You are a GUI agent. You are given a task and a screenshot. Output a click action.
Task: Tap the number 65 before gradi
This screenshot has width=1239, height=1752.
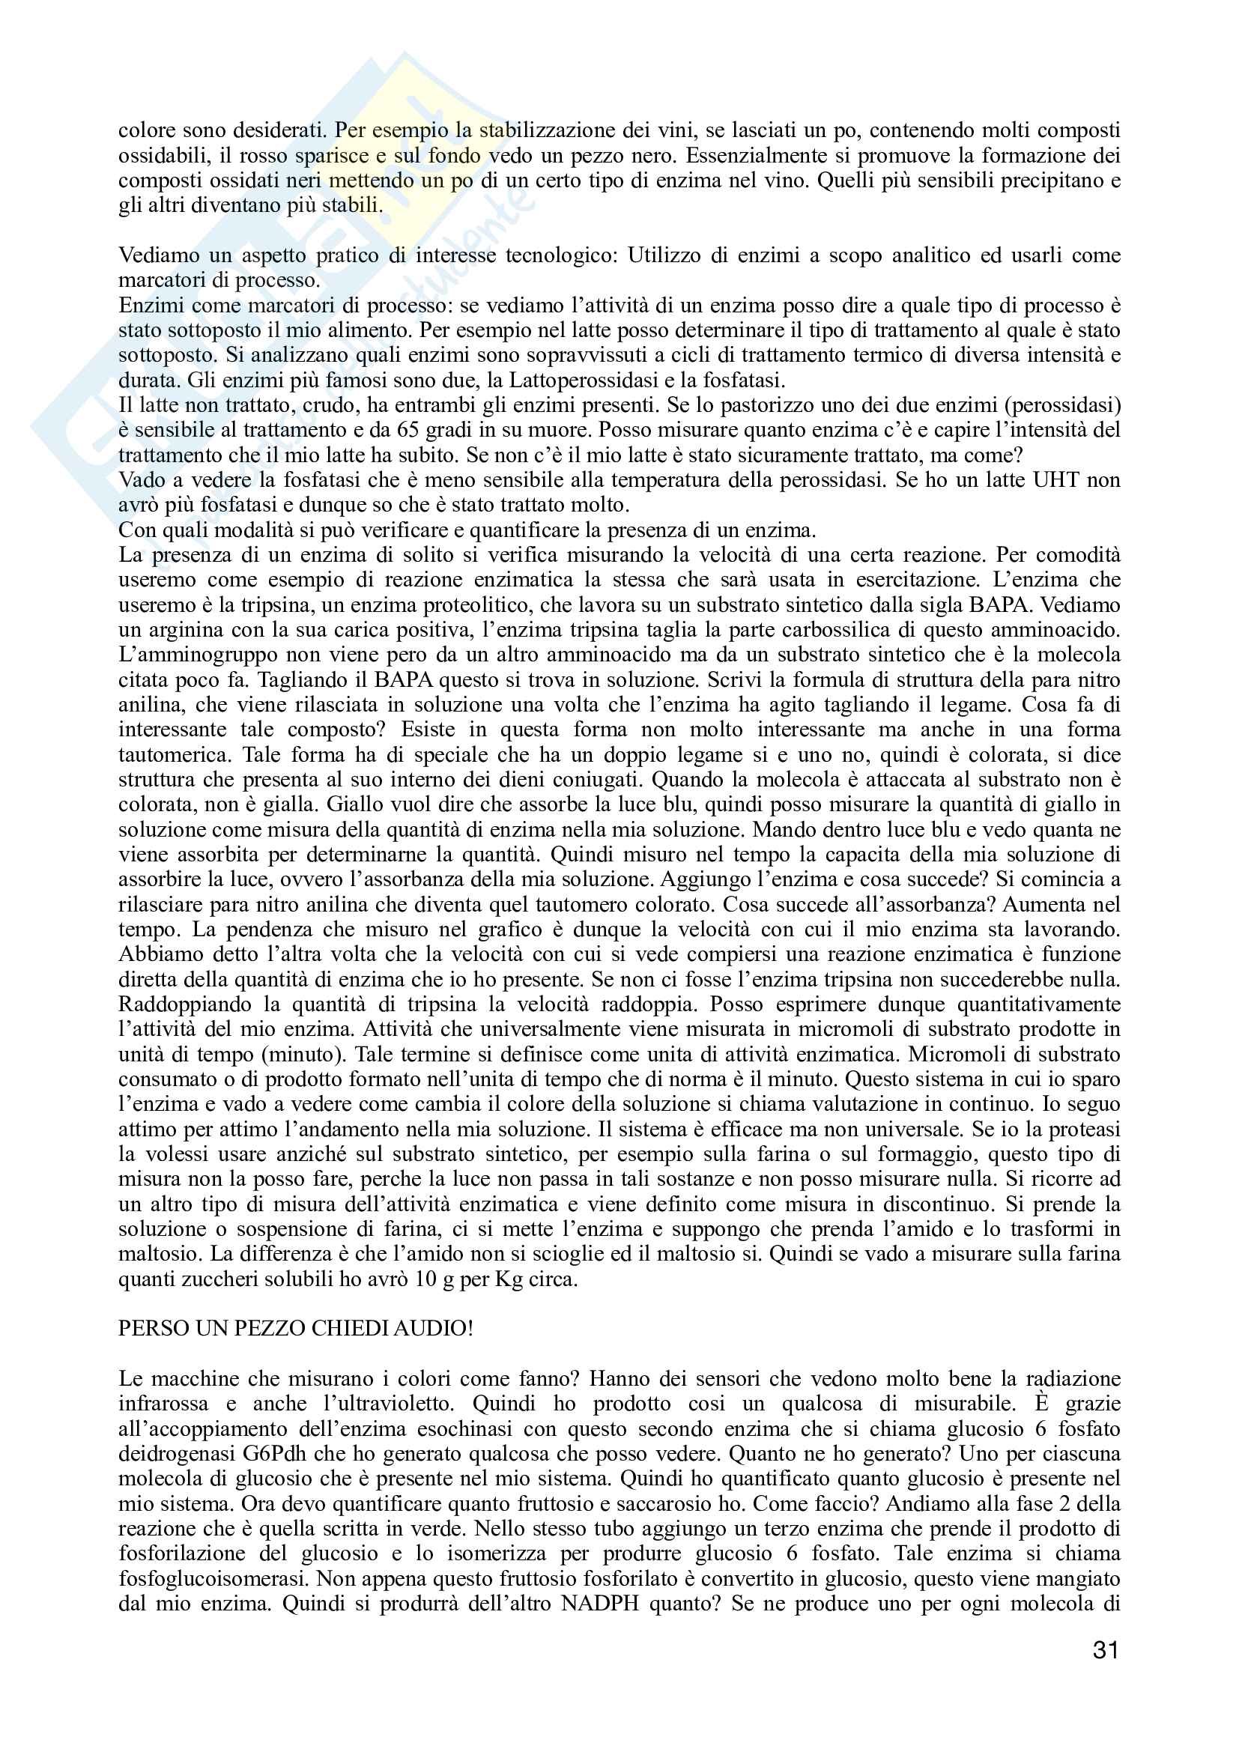399,430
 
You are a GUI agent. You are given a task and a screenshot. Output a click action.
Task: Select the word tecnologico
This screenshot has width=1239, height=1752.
561,255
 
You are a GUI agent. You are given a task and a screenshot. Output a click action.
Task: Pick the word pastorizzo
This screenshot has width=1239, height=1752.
778,405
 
